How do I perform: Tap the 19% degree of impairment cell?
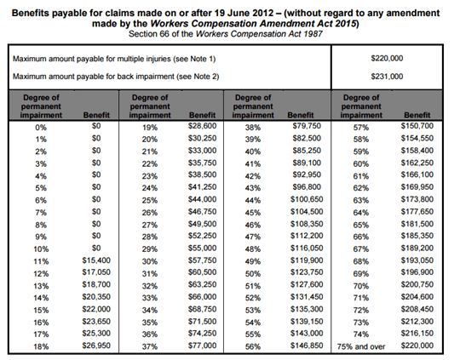(150, 126)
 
